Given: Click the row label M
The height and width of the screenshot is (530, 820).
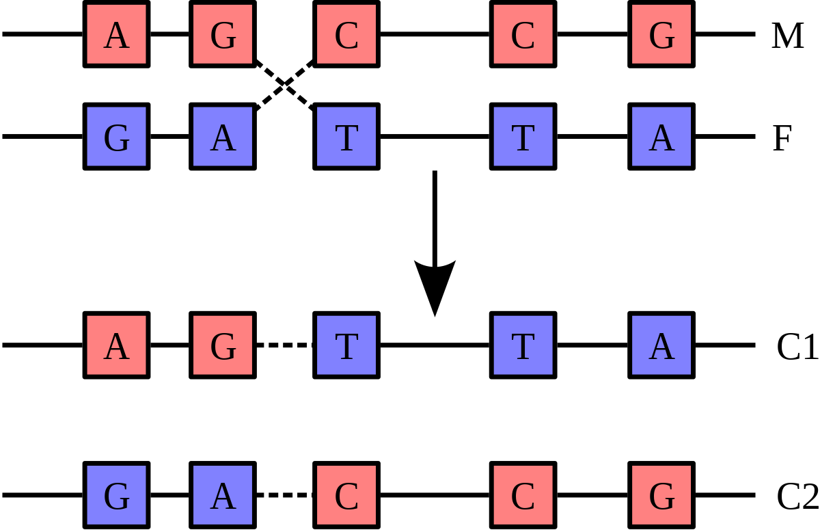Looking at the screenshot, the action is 787,36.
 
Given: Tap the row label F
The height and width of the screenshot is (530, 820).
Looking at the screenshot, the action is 782,138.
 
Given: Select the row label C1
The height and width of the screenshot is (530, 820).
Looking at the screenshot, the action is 797,347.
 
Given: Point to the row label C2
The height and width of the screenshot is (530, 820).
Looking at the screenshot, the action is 797,496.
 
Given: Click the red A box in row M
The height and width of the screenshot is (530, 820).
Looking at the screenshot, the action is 116,34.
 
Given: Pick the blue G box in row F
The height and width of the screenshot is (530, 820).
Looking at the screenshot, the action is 116,137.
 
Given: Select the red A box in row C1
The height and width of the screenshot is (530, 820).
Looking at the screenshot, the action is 116,345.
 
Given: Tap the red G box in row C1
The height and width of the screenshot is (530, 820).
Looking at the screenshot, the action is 223,345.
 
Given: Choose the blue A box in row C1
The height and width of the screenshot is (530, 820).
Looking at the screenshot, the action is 661,345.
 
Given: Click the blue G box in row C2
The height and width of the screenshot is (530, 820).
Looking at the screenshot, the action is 116,495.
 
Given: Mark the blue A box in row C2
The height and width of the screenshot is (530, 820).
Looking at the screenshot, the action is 223,495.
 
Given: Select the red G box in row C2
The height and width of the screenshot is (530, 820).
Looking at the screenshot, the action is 661,495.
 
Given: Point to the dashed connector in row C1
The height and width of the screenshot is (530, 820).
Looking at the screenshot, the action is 284,345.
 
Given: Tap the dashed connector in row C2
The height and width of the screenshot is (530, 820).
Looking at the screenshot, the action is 284,495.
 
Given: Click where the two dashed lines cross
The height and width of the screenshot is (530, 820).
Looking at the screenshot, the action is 285,85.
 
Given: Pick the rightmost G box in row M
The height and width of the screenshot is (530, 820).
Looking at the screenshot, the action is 661,34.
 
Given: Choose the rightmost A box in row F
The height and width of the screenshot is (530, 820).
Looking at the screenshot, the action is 661,137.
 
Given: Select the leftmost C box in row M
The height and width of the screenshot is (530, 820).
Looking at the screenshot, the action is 346,34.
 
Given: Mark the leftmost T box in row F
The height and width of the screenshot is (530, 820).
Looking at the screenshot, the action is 346,137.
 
